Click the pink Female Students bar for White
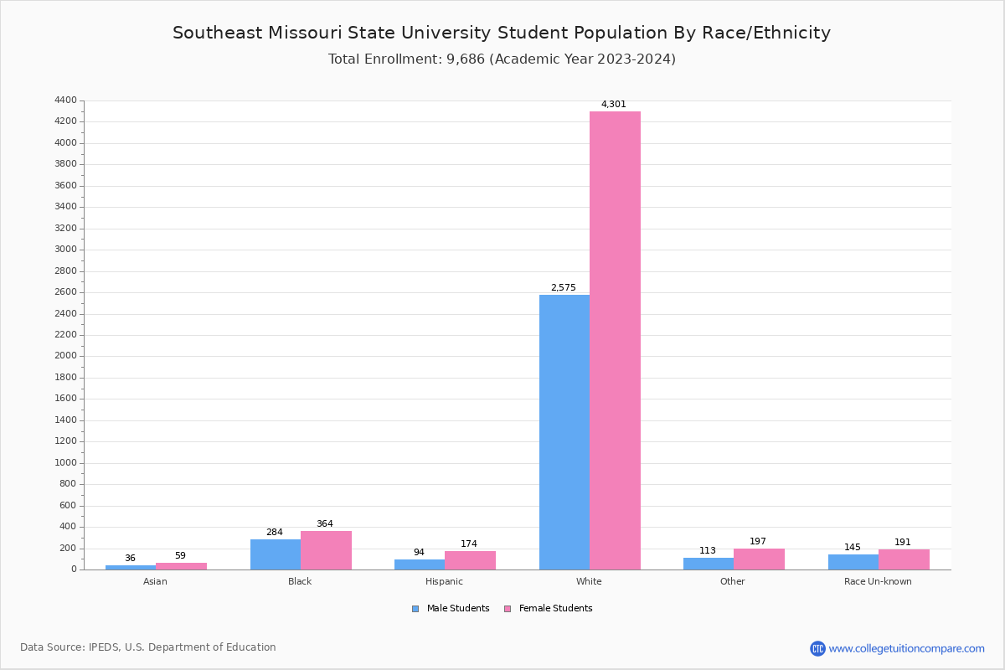pyautogui.click(x=615, y=340)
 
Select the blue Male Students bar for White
pyautogui.click(x=564, y=432)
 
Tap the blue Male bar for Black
pyautogui.click(x=276, y=554)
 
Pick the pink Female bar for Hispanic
pyautogui.click(x=470, y=560)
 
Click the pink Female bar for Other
pyautogui.click(x=759, y=559)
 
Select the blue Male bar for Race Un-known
pyautogui.click(x=853, y=562)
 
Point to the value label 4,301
pyautogui.click(x=613, y=105)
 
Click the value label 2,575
pyautogui.click(x=563, y=288)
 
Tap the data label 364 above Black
pyautogui.click(x=324, y=524)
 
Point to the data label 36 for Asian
pyautogui.click(x=130, y=559)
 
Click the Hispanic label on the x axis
pyautogui.click(x=444, y=581)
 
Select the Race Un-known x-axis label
pyautogui.click(x=878, y=581)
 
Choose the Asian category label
pyautogui.click(x=155, y=581)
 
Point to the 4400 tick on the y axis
pyautogui.click(x=65, y=100)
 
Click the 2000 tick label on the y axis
pyautogui.click(x=65, y=356)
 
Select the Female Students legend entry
pyautogui.click(x=549, y=609)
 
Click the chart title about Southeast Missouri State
pyautogui.click(x=502, y=33)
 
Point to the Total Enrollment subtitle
pyautogui.click(x=502, y=59)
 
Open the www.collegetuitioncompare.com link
pyautogui.click(x=906, y=648)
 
